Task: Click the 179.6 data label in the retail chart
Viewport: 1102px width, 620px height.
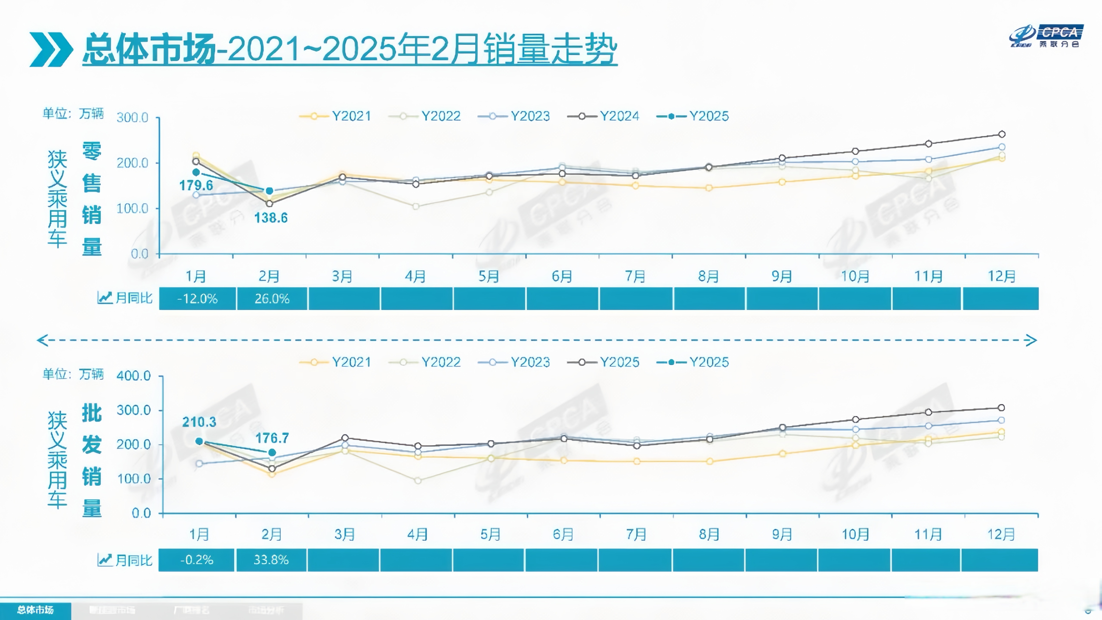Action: click(196, 185)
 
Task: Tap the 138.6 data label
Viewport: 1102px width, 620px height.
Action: click(271, 218)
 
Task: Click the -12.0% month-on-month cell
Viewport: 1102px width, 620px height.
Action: click(197, 298)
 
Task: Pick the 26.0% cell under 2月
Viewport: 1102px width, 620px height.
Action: click(272, 298)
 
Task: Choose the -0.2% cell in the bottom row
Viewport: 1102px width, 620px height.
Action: click(196, 560)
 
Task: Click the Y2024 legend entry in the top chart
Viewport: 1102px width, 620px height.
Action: click(603, 116)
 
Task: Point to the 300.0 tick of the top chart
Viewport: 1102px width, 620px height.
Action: click(133, 117)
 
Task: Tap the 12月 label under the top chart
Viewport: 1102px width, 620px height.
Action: click(1001, 276)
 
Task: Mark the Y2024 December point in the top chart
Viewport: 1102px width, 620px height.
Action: click(1001, 134)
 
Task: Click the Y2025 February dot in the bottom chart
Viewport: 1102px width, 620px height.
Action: click(272, 452)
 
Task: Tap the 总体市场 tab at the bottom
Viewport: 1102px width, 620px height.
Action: click(36, 610)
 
